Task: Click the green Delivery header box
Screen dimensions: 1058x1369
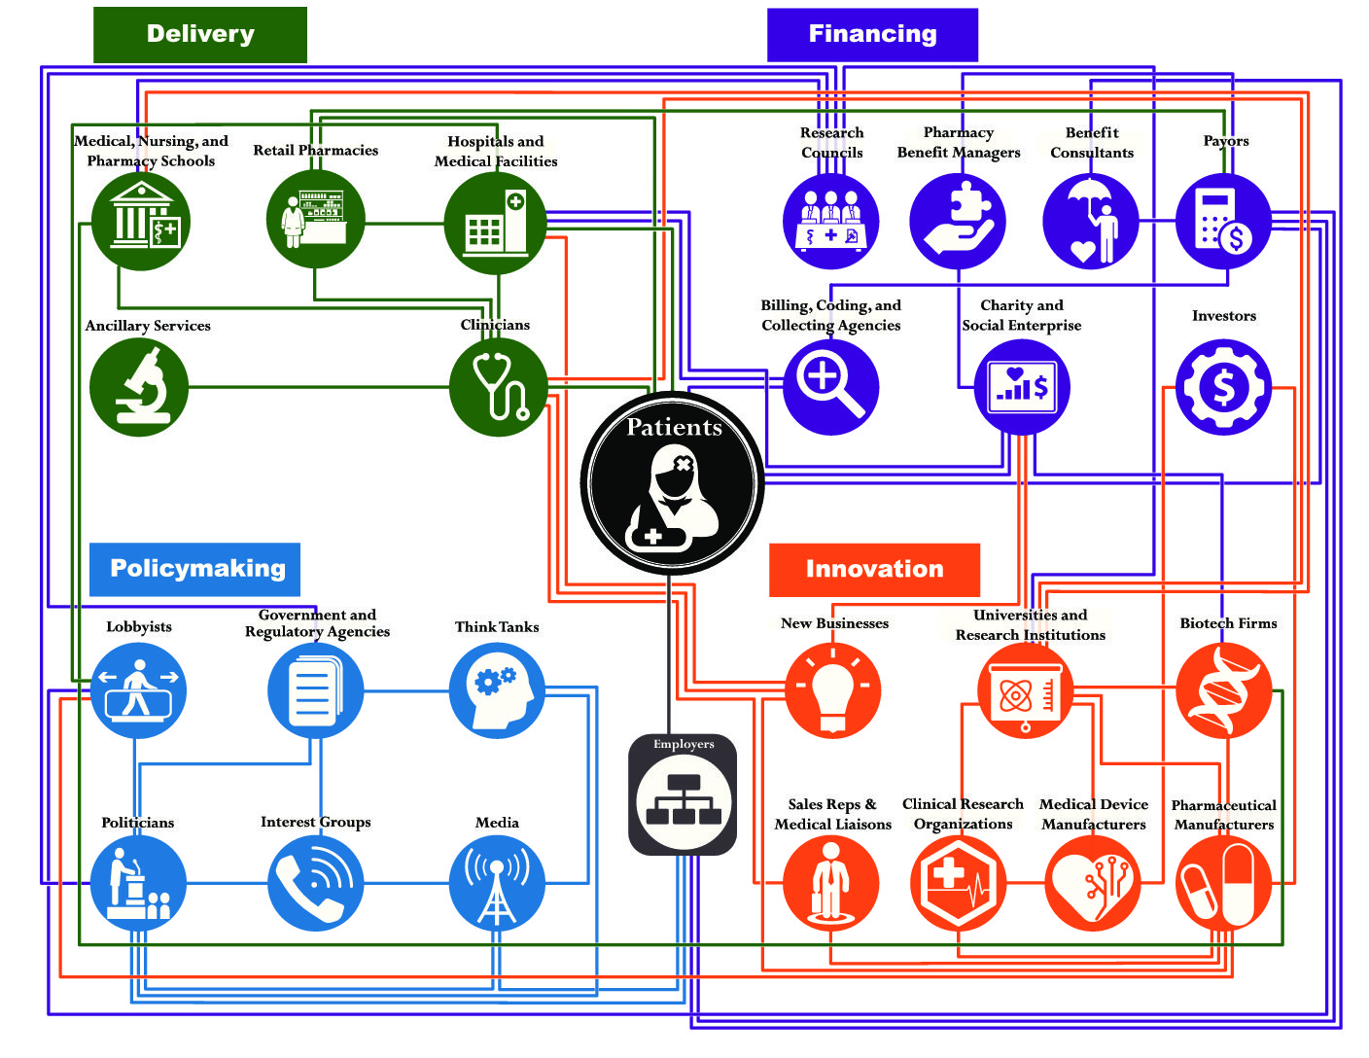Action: [x=199, y=35]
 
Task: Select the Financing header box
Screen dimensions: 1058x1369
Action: [x=872, y=35]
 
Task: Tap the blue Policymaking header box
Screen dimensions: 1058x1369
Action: [x=195, y=569]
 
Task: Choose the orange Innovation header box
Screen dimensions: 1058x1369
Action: [x=874, y=570]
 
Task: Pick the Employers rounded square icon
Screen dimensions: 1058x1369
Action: [x=683, y=795]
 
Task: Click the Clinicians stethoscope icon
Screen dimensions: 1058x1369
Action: [x=498, y=387]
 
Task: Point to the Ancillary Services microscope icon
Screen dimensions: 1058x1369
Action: [x=139, y=387]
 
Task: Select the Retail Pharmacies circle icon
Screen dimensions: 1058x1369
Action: [x=315, y=220]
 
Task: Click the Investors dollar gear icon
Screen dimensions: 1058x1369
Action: [x=1223, y=387]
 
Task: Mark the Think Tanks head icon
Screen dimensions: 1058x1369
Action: [x=498, y=690]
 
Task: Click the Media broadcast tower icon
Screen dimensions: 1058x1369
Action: [x=497, y=883]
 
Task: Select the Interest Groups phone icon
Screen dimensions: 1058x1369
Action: [x=315, y=883]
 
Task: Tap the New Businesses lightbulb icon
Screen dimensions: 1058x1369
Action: [x=832, y=690]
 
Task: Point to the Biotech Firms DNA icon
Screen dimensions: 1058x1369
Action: [x=1224, y=690]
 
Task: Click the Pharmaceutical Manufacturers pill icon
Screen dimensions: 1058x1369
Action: [x=1223, y=883]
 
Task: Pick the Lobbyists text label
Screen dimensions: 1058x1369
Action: [x=139, y=627]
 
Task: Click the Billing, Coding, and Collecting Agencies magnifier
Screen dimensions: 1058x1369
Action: [x=830, y=387]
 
